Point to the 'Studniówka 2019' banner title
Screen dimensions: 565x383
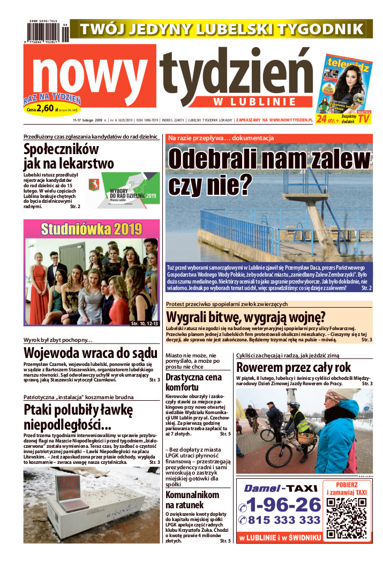[x=92, y=229]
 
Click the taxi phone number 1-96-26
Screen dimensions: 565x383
[x=280, y=504]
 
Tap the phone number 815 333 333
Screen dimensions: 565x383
[x=280, y=520]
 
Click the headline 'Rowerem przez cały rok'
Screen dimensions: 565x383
[x=294, y=368]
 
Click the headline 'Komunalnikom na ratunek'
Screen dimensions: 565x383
[x=192, y=499]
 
